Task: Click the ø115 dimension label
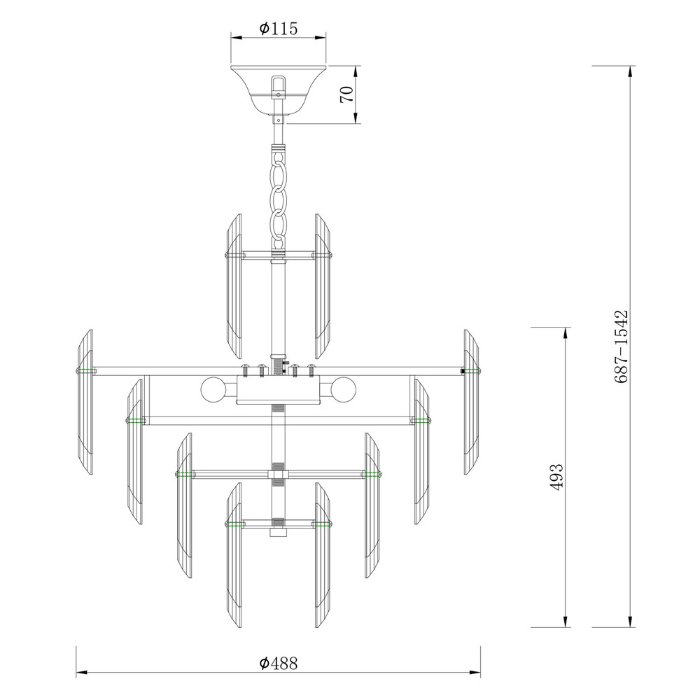(278, 29)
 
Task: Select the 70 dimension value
(347, 94)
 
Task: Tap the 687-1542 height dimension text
(621, 346)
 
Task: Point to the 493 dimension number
(556, 477)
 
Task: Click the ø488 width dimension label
(278, 664)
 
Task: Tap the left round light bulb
(213, 389)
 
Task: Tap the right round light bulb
(344, 389)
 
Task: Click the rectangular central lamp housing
(278, 389)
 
